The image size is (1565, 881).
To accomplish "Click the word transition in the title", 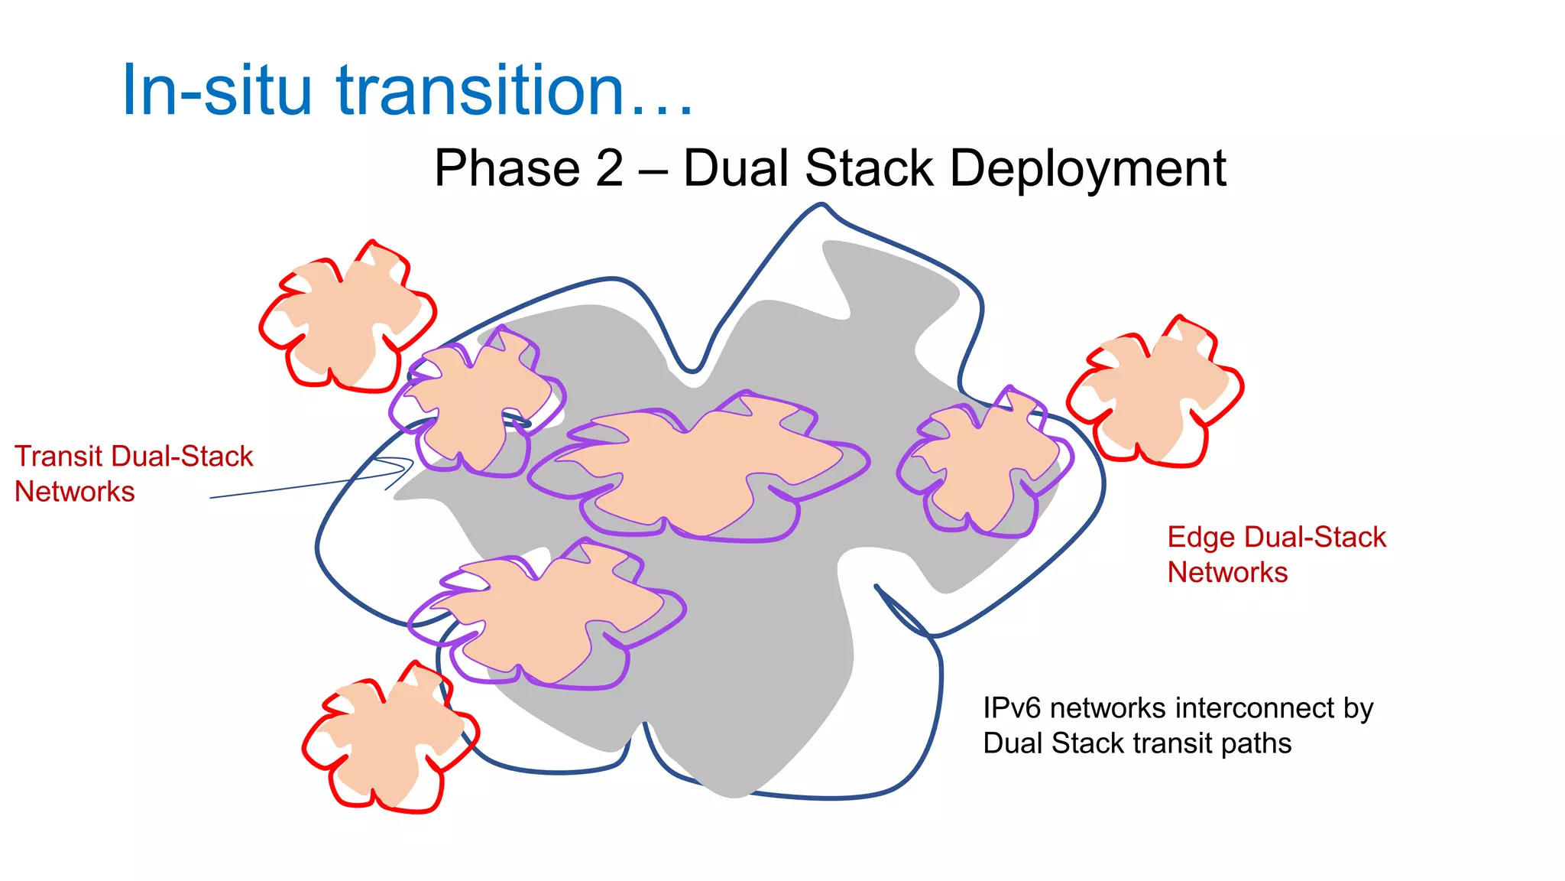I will (481, 90).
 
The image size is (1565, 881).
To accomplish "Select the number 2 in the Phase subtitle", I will (609, 168).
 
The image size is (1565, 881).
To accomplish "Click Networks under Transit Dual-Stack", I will (74, 492).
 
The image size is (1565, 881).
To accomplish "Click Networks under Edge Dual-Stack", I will (1227, 573).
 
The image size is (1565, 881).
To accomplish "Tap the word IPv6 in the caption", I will (1012, 708).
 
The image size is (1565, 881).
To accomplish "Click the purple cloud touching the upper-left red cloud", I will (478, 401).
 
